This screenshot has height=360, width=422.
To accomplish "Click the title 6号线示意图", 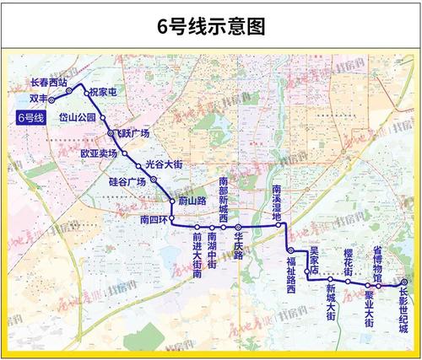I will tap(211, 25).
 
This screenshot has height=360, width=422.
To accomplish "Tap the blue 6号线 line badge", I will tap(35, 118).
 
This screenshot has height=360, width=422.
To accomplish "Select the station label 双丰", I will tap(36, 99).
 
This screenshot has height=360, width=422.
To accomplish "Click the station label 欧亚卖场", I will tap(99, 154).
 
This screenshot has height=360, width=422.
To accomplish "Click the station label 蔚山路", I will tap(192, 201).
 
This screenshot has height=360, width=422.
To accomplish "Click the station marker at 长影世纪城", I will tap(404, 282).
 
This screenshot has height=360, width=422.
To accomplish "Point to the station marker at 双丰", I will tap(51, 99).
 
